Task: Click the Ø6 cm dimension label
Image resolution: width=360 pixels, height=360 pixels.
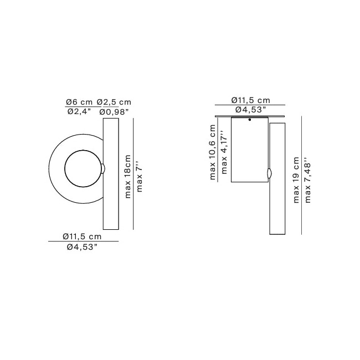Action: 79,102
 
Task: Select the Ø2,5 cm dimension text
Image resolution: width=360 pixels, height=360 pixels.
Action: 114,102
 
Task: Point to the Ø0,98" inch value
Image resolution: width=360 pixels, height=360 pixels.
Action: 114,112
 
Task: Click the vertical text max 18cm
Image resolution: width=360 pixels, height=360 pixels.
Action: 128,176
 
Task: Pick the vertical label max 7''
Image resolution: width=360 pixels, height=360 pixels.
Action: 140,176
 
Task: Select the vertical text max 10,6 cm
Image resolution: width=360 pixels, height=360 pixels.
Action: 213,152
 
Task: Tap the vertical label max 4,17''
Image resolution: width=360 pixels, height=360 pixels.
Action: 224,152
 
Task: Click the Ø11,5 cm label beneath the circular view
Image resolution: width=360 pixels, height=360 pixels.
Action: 83,236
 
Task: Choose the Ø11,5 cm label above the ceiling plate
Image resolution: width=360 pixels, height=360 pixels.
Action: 250,100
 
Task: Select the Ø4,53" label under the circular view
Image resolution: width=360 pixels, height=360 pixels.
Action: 83,247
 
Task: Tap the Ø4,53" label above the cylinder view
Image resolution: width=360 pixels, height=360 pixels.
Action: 250,110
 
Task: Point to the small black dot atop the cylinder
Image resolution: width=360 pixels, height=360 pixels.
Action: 250,120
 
